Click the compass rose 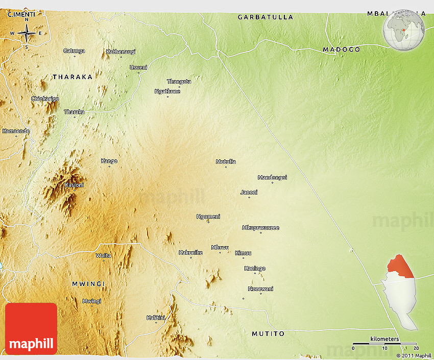(27, 33)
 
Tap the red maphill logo (31, 328)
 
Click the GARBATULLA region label (266, 17)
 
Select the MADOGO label (342, 50)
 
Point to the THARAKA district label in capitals (73, 77)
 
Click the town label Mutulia (226, 162)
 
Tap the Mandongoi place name (272, 178)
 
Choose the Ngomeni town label (208, 217)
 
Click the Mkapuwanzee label (260, 228)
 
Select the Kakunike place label (190, 253)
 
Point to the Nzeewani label (260, 289)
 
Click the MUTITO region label (268, 334)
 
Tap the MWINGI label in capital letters (88, 283)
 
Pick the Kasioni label (74, 185)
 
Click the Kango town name (109, 161)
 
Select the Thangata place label (179, 82)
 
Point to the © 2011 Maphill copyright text (414, 355)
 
